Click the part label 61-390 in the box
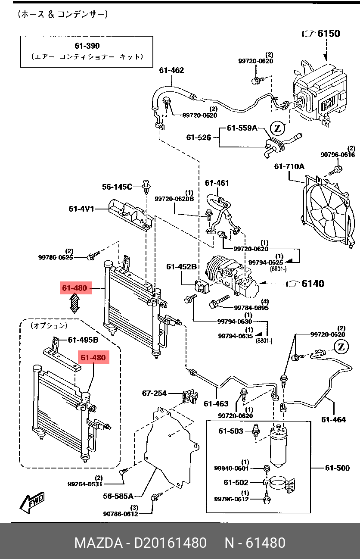point(87,46)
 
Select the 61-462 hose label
point(171,70)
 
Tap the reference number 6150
point(329,34)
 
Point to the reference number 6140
point(313,284)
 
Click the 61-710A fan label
point(289,166)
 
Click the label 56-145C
point(117,187)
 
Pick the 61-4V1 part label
point(81,209)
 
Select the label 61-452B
point(181,267)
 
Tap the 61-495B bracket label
point(83,340)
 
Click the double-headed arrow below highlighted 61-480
point(74,303)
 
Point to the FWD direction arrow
point(32,503)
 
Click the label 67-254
point(154,393)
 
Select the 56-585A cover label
point(118,497)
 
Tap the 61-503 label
point(231,431)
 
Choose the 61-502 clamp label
point(236,483)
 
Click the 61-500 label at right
point(337,468)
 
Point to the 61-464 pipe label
point(334,420)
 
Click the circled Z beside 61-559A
point(277,128)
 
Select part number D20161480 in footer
point(170,543)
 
